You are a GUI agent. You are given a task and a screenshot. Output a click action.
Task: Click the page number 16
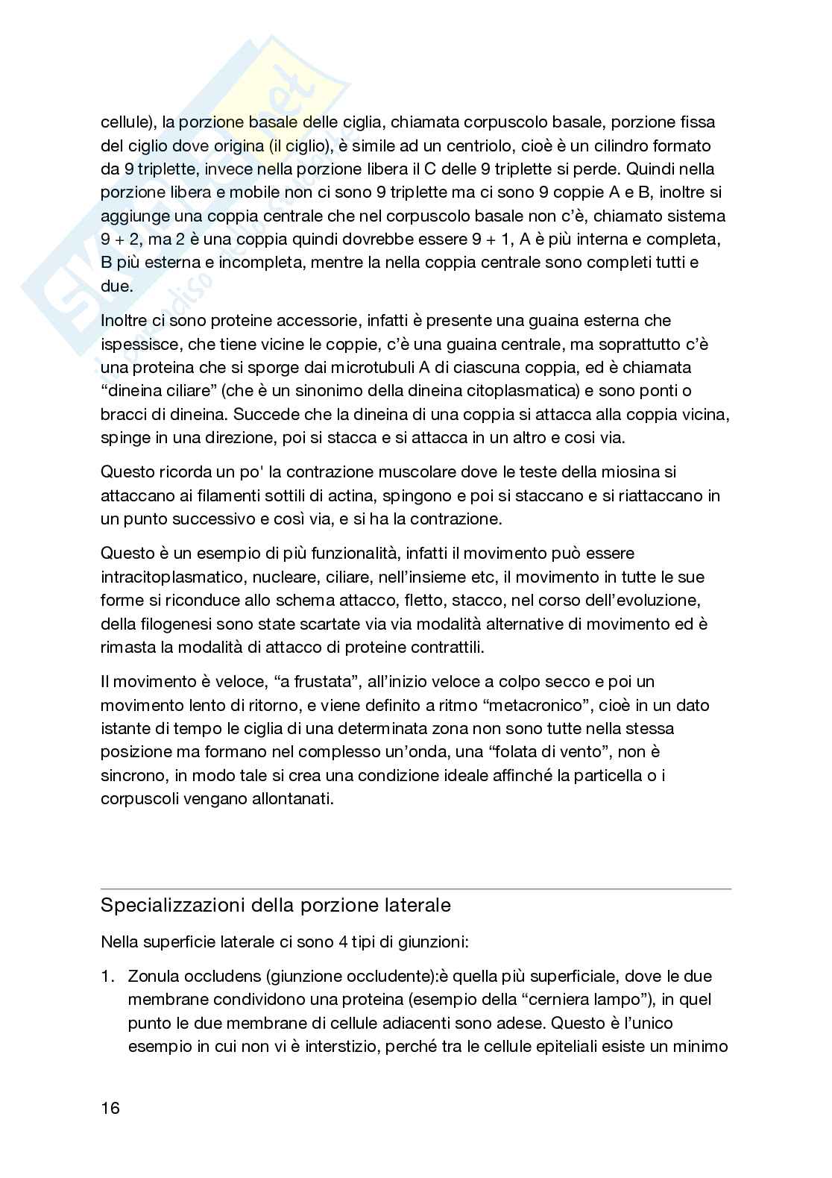coord(110,1108)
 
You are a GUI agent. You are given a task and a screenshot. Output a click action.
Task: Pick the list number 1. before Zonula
coord(108,976)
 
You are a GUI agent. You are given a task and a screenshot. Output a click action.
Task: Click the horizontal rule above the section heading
coord(416,889)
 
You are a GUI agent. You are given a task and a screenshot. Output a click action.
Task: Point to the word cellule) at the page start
coord(127,122)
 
